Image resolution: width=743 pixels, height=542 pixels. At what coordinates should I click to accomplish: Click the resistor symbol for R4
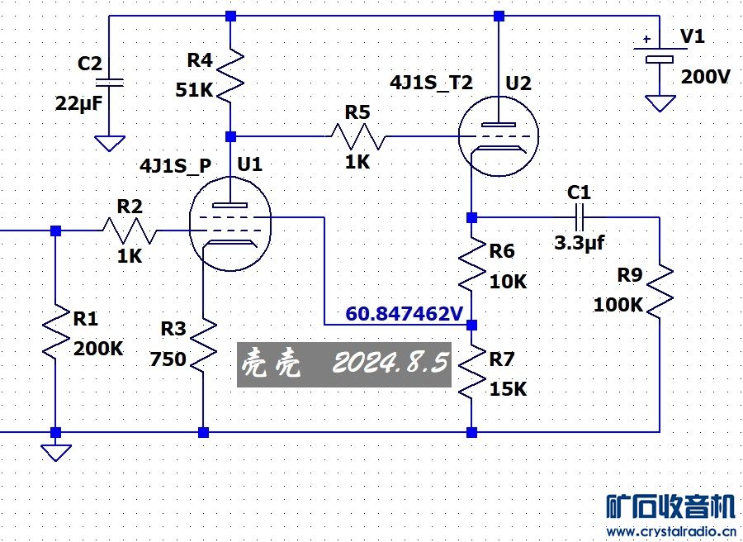230,72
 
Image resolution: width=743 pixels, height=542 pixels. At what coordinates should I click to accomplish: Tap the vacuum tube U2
498,134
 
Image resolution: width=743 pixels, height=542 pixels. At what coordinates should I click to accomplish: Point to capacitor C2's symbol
109,82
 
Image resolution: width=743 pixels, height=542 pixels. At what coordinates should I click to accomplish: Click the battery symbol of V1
659,52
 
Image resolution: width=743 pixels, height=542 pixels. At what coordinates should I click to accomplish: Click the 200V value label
705,77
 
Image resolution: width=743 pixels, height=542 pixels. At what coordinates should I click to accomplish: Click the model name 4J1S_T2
431,83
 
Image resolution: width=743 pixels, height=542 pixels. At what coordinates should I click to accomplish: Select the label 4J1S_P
175,166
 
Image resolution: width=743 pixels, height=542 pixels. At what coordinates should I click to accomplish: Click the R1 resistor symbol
55,332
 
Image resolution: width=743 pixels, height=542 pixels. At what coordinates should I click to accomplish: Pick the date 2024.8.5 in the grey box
388,362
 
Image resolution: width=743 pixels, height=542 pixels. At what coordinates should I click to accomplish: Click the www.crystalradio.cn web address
670,531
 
